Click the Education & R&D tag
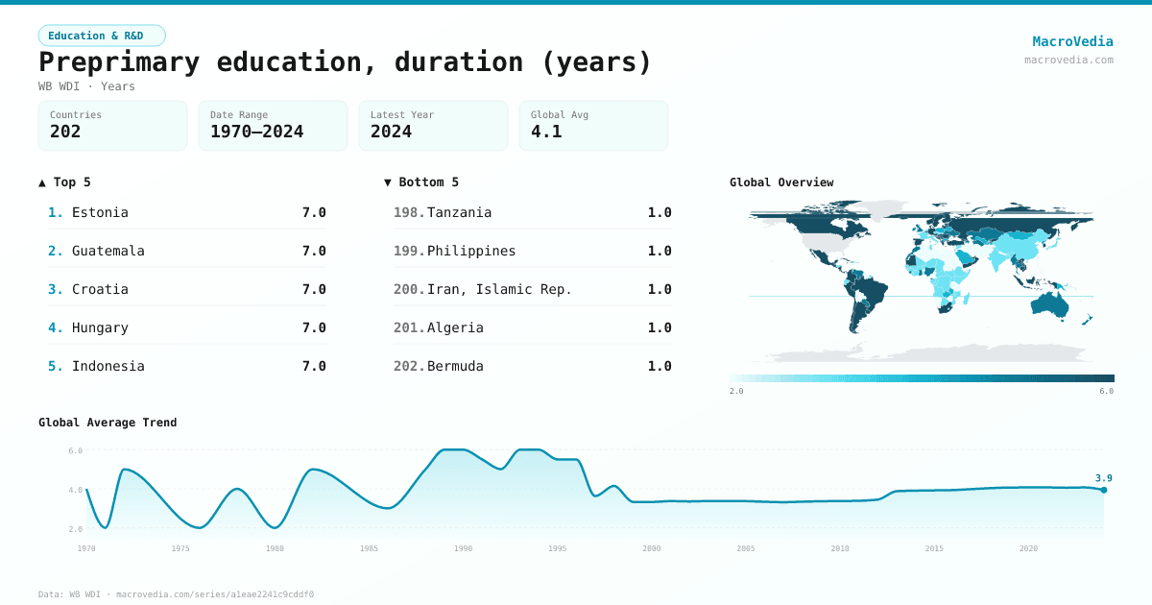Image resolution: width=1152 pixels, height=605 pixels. (x=102, y=36)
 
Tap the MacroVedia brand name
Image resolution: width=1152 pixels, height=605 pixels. (x=1072, y=41)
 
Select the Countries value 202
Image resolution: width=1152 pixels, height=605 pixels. (x=65, y=132)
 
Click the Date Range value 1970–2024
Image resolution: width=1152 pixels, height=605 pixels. (x=256, y=132)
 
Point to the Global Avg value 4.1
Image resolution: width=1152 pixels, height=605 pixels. (x=546, y=132)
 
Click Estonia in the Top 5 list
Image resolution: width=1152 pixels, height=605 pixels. (x=100, y=212)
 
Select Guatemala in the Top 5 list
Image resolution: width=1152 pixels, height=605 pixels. (x=108, y=251)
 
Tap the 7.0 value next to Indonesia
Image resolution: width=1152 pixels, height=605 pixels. (x=314, y=366)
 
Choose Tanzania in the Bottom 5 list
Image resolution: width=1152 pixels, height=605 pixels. (x=459, y=212)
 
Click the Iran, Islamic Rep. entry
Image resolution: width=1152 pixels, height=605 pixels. (x=499, y=289)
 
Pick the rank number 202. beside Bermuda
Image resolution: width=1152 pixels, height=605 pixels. (x=408, y=366)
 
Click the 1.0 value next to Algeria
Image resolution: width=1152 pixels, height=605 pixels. (x=660, y=327)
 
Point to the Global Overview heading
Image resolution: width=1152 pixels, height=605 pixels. (x=781, y=182)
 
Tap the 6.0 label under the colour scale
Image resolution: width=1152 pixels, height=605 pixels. (x=1106, y=391)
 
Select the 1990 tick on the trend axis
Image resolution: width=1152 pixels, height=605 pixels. (x=464, y=548)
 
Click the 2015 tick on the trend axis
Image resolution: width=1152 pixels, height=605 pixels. (x=934, y=548)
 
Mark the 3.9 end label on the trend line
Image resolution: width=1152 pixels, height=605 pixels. (x=1103, y=477)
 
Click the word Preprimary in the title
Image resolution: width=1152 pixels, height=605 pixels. (x=119, y=61)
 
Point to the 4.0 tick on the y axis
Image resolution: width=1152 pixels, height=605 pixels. (x=76, y=490)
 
